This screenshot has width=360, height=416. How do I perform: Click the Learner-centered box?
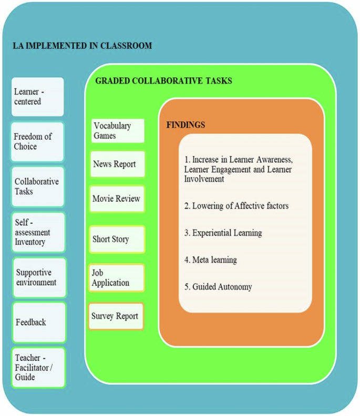coord(37,97)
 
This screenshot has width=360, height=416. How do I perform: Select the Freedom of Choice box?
coord(37,142)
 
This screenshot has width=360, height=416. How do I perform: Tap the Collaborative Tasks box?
coord(37,186)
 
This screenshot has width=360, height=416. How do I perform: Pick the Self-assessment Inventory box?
coord(38,232)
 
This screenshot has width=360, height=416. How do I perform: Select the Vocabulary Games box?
coord(117,131)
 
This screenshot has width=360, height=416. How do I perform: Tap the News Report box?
coord(117,164)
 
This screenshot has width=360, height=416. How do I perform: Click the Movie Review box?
coord(117,199)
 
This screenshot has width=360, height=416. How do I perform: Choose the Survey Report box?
coord(116,316)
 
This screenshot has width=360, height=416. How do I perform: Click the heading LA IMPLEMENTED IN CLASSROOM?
coord(82,46)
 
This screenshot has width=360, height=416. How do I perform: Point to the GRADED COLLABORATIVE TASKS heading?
coord(163,81)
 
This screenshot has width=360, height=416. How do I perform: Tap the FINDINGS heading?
coord(186,125)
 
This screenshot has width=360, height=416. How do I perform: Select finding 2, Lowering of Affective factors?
coord(236,206)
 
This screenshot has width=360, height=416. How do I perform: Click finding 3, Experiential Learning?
coord(223,233)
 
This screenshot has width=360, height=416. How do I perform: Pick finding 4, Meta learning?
coord(210,259)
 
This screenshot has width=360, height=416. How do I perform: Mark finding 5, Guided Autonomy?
coord(218,287)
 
